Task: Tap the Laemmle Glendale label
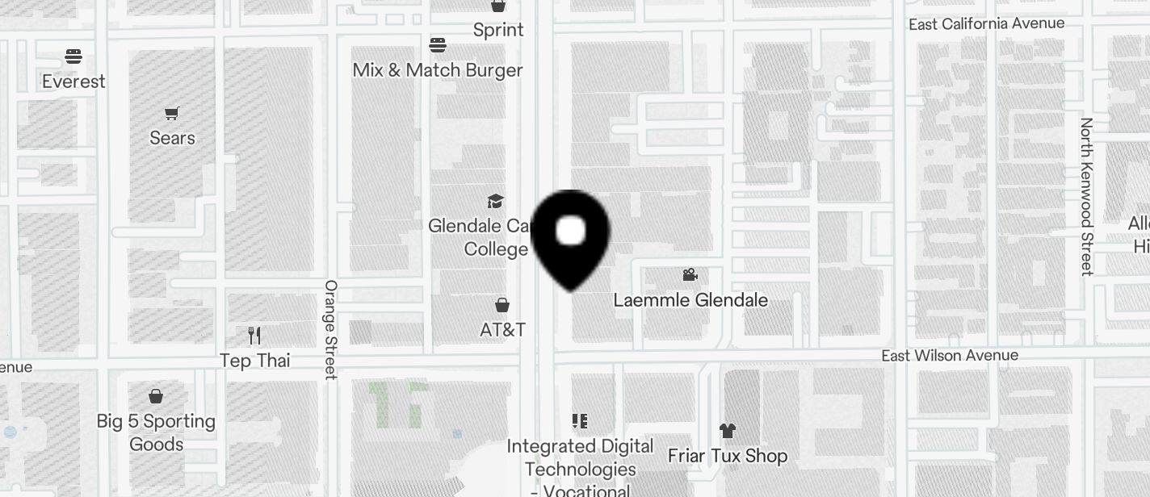690,300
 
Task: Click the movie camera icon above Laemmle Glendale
690,275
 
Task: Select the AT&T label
502,330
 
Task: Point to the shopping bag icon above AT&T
502,305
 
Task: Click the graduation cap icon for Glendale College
495,201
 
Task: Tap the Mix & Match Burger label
438,70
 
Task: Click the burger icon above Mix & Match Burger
438,44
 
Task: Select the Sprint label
498,30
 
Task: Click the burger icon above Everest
73,56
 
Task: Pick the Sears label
172,138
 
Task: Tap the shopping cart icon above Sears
171,113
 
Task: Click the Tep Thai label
255,361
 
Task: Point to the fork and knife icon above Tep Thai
254,336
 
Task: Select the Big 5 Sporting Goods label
156,432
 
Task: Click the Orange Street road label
330,329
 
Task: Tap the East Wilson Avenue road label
949,356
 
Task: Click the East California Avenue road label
986,24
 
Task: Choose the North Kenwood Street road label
1087,197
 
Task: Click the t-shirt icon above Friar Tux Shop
727,431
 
